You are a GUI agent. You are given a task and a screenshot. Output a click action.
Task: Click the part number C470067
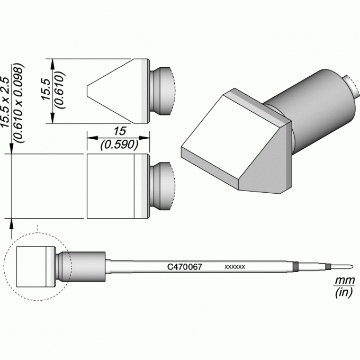tap(185, 267)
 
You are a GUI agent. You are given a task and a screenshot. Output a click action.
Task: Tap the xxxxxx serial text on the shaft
tap(235, 267)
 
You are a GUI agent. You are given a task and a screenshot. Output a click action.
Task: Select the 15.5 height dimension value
tap(47, 89)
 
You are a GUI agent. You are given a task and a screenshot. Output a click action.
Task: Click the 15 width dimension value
tap(120, 131)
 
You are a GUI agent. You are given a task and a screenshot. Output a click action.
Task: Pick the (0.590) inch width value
tap(120, 145)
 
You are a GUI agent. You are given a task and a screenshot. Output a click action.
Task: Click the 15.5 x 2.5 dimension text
tap(5, 102)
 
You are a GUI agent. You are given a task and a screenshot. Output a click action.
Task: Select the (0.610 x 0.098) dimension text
tap(19, 103)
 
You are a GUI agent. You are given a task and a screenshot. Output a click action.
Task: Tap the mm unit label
tap(345, 281)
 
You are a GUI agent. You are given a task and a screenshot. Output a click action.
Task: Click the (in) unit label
tap(344, 293)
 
